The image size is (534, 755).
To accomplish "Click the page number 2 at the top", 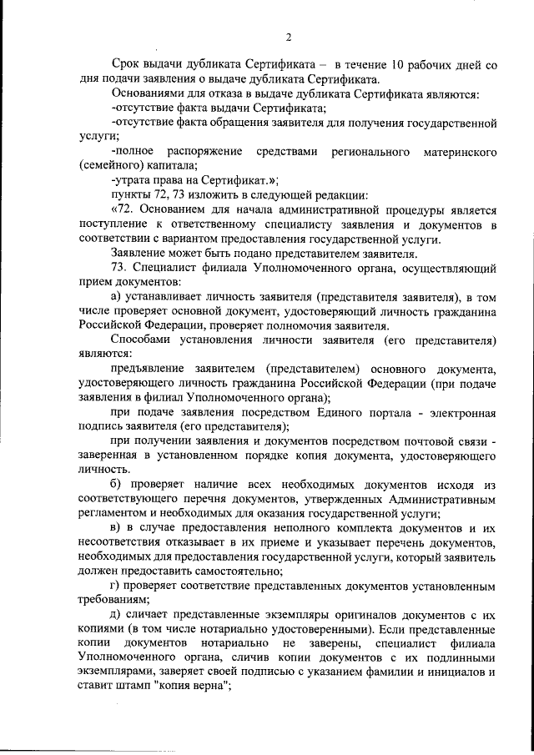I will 287,37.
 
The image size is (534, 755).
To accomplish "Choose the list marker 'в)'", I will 117,529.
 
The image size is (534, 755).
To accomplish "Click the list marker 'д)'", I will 117,617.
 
